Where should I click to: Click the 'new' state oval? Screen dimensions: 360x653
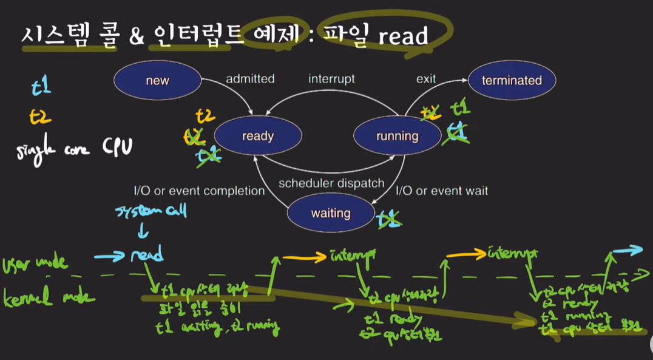tap(157, 81)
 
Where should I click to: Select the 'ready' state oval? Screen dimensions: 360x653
tap(257, 136)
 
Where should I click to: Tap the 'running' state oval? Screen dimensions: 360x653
tap(397, 136)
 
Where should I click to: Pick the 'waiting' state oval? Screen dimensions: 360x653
tap(331, 213)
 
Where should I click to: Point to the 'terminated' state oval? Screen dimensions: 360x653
tap(512, 81)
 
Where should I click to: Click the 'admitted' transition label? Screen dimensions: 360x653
tap(250, 79)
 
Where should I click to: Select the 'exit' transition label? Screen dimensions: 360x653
tap(426, 79)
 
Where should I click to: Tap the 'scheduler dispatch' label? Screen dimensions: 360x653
tap(331, 183)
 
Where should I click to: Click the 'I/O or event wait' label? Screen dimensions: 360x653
tap(442, 191)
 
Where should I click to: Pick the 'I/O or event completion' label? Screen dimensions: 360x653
tap(199, 191)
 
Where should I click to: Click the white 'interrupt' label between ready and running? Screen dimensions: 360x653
tap(331, 79)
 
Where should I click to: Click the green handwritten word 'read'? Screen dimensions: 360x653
tap(147, 256)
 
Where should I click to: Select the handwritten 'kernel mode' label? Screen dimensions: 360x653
tap(49, 298)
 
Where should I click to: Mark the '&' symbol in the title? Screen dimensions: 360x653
tap(137, 36)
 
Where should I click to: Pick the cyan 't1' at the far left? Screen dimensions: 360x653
tap(41, 87)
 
